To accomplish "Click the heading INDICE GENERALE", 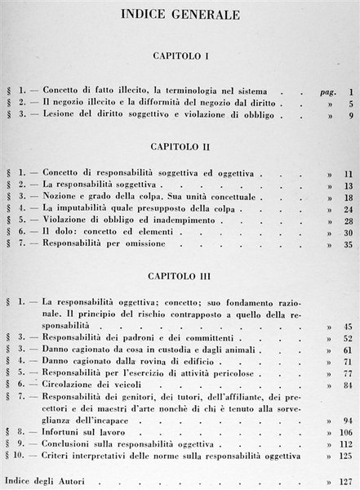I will (x=180, y=16).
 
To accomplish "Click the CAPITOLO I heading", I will (x=181, y=60).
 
